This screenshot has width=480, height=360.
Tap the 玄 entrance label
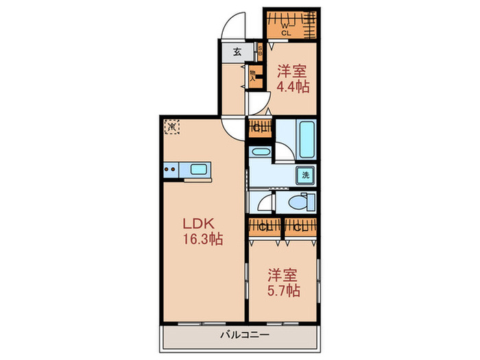pyautogui.click(x=237, y=52)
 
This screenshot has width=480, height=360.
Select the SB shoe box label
pyautogui.click(x=260, y=51)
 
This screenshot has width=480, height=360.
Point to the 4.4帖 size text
pyautogui.click(x=293, y=87)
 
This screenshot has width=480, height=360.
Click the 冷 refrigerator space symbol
pyautogui.click(x=171, y=126)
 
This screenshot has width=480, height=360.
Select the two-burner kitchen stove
pyautogui.click(x=171, y=169)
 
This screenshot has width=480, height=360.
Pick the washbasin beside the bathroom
pyautogui.click(x=261, y=152)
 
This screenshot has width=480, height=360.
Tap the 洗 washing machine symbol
pyautogui.click(x=306, y=175)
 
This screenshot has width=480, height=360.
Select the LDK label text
pyautogui.click(x=198, y=224)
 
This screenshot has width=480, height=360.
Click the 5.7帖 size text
pyautogui.click(x=283, y=290)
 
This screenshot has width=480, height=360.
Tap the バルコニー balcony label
pyautogui.click(x=239, y=335)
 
